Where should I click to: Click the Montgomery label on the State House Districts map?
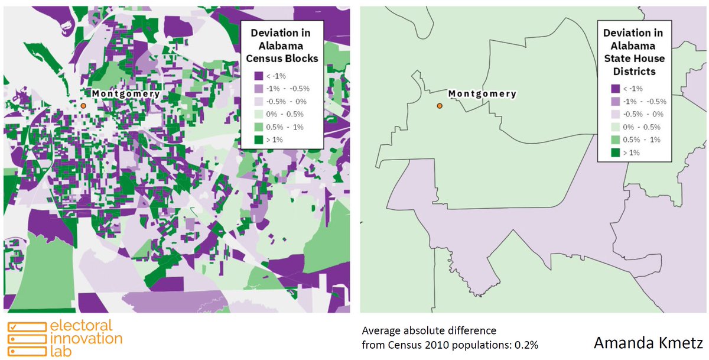click(x=482, y=93)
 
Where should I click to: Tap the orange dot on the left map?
click(x=83, y=105)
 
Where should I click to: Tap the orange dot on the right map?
click(x=440, y=106)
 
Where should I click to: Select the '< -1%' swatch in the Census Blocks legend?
click(x=258, y=76)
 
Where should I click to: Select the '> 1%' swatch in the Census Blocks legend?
click(x=258, y=139)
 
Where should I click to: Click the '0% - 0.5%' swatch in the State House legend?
click(x=615, y=127)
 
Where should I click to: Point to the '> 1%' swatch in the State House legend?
click(x=615, y=152)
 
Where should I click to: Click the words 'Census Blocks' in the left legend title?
click(x=281, y=58)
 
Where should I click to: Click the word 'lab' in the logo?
click(x=60, y=350)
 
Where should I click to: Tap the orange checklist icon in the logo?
click(x=26, y=338)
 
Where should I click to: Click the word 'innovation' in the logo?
click(x=86, y=338)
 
